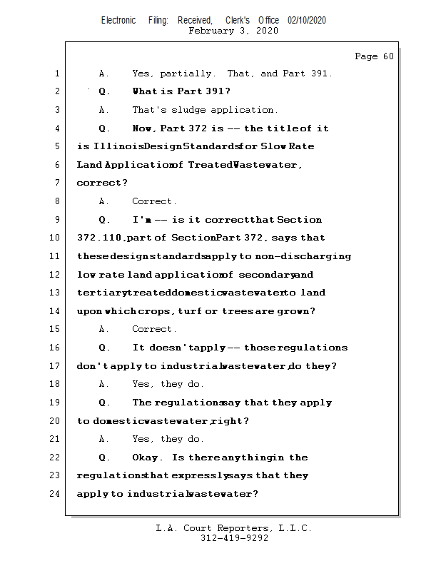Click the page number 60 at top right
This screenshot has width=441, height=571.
[x=388, y=56]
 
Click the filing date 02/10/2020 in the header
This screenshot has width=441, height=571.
[x=307, y=21]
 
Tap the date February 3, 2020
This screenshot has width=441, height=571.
[x=233, y=31]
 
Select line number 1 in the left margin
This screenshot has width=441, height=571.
[x=56, y=74]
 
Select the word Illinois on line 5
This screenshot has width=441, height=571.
[x=118, y=146]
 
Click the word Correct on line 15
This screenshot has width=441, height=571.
[x=153, y=329]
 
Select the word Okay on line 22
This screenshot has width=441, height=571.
[x=146, y=458]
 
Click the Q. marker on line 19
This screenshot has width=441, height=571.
[x=104, y=403]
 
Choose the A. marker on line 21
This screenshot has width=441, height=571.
[x=103, y=439]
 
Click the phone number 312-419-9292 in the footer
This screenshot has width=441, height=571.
[x=233, y=538]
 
